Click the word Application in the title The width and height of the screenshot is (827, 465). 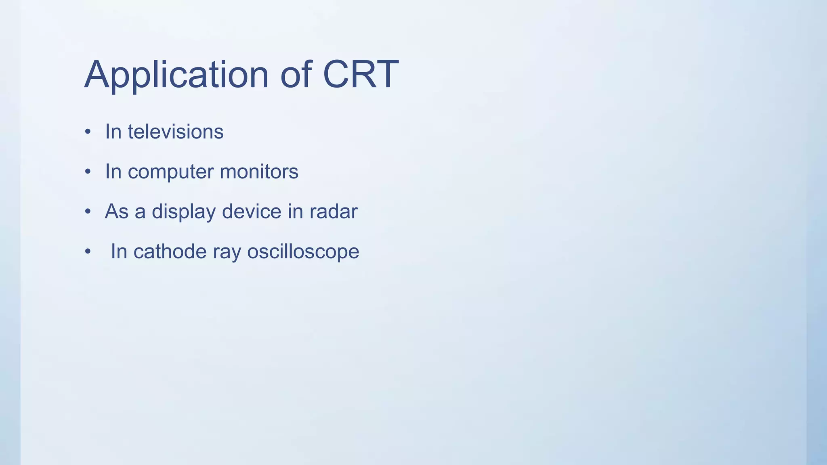click(x=176, y=75)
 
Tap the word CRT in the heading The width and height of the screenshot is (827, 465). click(x=361, y=75)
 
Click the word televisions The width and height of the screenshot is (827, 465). click(x=176, y=132)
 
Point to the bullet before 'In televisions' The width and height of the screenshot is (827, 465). click(x=88, y=132)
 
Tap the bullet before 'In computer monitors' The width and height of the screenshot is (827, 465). click(x=88, y=172)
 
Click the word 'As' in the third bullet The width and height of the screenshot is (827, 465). click(x=116, y=212)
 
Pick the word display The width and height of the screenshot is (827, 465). click(x=184, y=212)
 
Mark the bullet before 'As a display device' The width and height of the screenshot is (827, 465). click(x=88, y=212)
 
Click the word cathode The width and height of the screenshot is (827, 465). click(x=170, y=251)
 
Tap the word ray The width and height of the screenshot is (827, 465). click(x=227, y=252)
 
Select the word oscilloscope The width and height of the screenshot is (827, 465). click(x=303, y=252)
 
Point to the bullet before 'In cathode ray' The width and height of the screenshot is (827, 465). click(x=88, y=252)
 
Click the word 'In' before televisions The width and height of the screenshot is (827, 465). click(x=113, y=132)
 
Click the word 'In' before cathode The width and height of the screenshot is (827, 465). click(x=119, y=251)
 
